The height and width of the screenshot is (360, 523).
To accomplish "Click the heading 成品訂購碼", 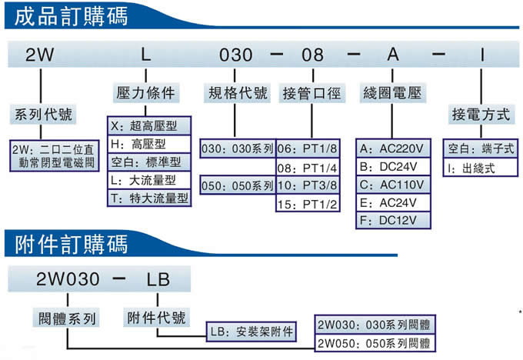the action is pos(71,16).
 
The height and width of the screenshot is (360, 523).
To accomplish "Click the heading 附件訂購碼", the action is pos(71,244).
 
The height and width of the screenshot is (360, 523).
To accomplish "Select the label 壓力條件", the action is pos(146,92).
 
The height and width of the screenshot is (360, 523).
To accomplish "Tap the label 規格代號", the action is pos(237,93).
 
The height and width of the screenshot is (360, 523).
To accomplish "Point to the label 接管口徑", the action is pos(311,93).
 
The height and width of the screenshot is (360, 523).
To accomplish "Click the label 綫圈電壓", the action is pos(392,92).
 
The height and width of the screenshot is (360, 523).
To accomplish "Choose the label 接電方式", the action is pos(481,115).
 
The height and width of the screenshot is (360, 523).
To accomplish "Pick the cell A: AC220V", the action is pos(393,148).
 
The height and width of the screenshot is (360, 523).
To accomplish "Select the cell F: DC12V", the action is pos(393,220).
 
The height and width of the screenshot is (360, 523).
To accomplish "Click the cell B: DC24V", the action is pos(393,166).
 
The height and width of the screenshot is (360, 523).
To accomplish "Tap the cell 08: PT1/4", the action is pos(308,168).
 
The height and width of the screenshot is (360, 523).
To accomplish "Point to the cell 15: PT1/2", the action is pos(308,203).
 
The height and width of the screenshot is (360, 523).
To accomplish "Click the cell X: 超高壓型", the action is pos(149,126).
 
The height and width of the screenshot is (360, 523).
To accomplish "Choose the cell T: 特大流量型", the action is pos(149,198).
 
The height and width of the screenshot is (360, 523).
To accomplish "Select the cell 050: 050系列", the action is pos(238,185).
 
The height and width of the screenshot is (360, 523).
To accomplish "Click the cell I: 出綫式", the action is pos(480,168).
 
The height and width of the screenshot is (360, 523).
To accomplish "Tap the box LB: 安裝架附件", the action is pos(252,332).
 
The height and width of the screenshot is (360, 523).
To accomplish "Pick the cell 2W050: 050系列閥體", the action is pos(375,342).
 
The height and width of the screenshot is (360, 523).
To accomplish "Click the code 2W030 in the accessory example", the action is pos(68,278).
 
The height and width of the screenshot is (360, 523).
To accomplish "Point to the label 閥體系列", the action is pos(67,318).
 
